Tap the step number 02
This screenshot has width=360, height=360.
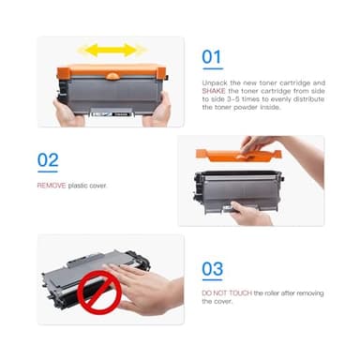pos(48,159)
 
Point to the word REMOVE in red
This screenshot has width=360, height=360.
pos(51,186)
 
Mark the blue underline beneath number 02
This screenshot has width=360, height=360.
pos(47,173)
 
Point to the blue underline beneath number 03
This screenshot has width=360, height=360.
pos(212,282)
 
